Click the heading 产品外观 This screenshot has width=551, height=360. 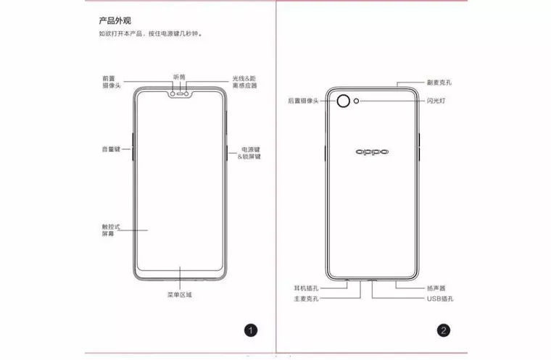[115, 21]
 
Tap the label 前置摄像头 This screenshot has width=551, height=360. [112, 82]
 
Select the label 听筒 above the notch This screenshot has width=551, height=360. [179, 77]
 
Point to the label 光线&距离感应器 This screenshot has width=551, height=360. [244, 82]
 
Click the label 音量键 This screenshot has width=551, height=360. [111, 149]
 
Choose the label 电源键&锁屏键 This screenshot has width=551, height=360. [249, 153]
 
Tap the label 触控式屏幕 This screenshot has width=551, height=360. [111, 230]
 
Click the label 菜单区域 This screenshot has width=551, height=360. [180, 295]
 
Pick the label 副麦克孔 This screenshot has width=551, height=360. [439, 83]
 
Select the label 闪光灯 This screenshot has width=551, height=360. [436, 101]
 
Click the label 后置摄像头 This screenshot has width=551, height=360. [303, 101]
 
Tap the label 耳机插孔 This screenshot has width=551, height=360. [306, 288]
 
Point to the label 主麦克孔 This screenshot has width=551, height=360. [306, 298]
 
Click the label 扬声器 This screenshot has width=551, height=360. [436, 288]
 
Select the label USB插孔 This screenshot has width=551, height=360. [440, 298]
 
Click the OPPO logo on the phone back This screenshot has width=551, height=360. [372, 151]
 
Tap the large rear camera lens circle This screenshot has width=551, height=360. [344, 101]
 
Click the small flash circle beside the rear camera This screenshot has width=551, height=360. [356, 101]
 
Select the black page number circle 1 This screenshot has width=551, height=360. [251, 330]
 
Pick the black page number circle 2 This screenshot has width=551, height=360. [444, 330]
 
